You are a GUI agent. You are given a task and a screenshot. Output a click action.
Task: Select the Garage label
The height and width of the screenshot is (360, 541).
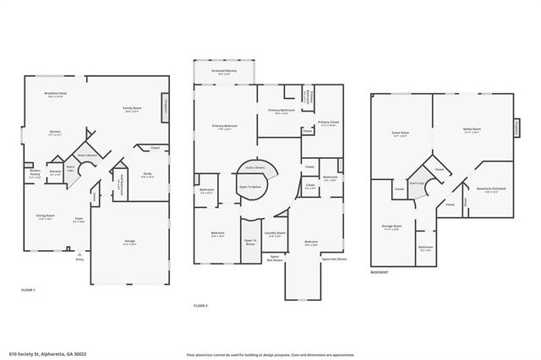129,242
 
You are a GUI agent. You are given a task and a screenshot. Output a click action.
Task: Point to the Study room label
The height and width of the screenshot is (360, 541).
147,175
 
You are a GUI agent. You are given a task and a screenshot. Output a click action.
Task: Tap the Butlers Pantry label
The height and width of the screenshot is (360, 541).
35,173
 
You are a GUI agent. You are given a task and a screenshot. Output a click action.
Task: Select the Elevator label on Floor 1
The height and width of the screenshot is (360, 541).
55,173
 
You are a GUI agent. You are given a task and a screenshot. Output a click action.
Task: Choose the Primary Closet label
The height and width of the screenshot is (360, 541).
329,124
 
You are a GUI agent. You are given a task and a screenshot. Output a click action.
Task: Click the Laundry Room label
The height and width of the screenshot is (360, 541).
275,234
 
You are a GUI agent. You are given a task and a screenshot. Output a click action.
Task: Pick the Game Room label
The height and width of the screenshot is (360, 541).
400,133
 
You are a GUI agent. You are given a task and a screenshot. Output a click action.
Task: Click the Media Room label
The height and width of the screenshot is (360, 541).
471,131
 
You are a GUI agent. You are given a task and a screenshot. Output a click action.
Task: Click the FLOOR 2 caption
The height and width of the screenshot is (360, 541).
200,304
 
